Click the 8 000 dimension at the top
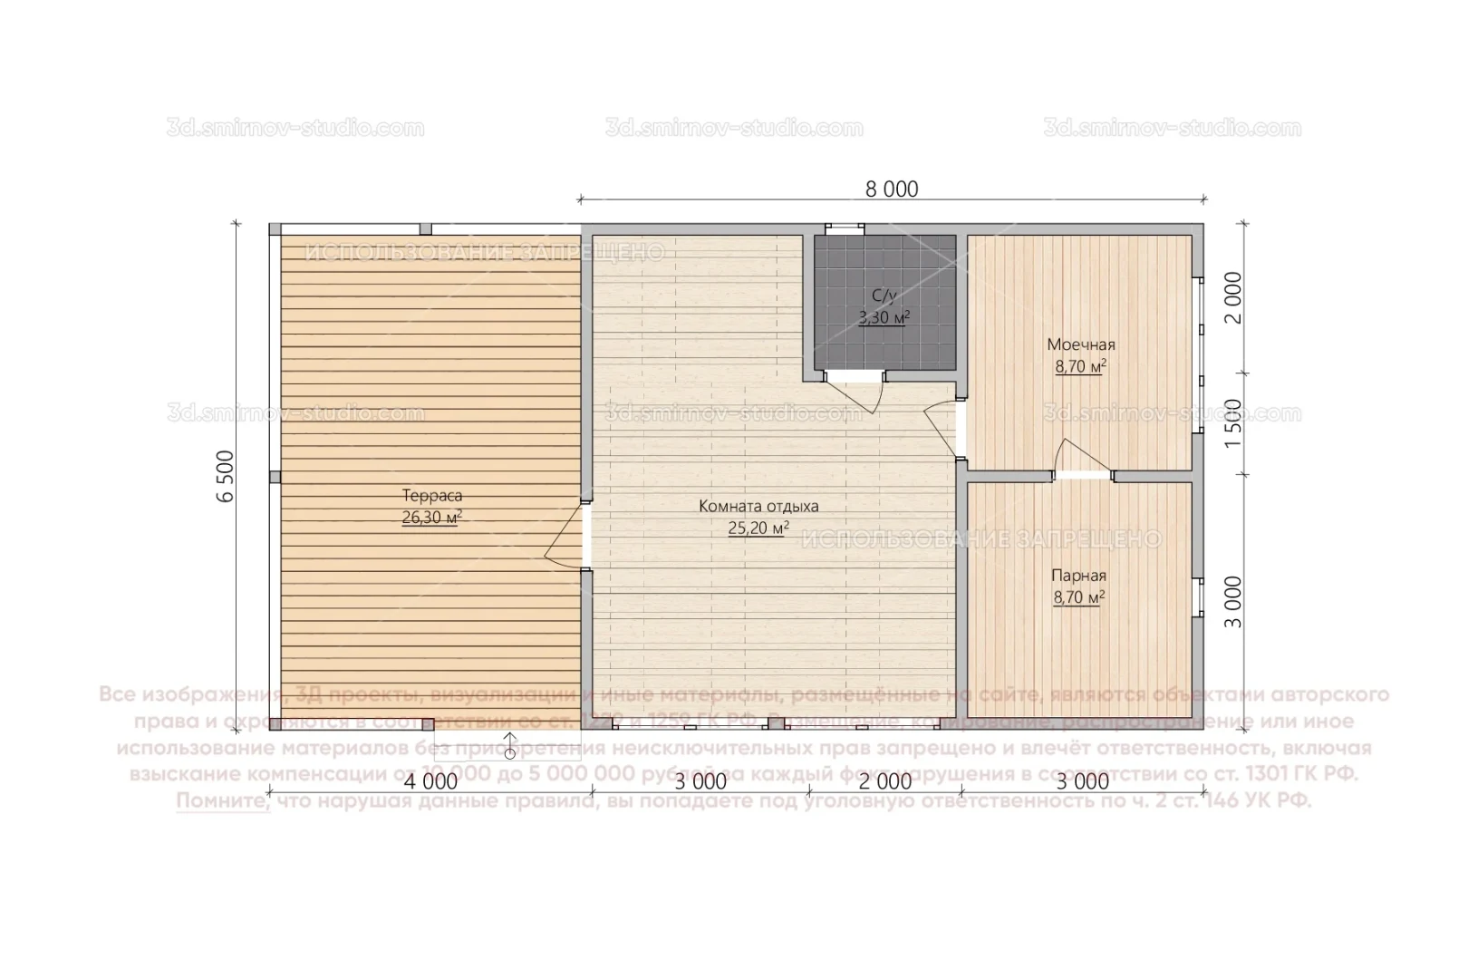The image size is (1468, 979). (892, 189)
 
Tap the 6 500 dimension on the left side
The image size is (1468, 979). (227, 475)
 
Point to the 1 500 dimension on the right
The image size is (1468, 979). (1232, 422)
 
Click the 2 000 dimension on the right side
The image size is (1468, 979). (1232, 297)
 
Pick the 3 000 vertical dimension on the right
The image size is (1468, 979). (1232, 601)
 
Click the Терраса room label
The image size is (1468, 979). (432, 496)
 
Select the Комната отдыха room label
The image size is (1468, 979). (758, 506)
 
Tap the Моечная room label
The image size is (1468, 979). (1081, 344)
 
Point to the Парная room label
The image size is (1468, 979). (1078, 576)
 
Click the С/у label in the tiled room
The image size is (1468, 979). (884, 296)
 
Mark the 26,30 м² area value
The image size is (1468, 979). (432, 518)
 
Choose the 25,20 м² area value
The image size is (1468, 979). (758, 528)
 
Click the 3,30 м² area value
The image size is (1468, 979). (884, 317)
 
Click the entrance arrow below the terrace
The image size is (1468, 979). (510, 743)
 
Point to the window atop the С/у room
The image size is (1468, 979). (843, 228)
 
